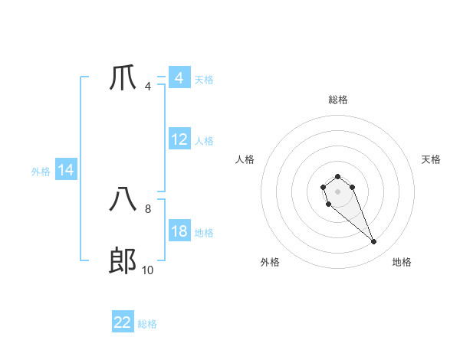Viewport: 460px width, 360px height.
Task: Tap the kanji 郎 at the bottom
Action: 123,261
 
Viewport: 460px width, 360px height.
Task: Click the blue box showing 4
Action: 179,78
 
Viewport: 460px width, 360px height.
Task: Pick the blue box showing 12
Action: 179,139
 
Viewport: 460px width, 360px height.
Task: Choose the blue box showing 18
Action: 179,231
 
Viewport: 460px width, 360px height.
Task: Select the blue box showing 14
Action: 66,170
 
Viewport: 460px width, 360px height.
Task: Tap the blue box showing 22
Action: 123,322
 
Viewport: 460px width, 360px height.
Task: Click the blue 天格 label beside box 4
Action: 204,79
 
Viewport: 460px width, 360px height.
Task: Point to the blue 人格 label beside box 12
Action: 204,141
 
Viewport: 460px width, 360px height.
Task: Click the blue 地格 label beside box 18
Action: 204,233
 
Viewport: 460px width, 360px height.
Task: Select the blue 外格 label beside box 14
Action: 41,172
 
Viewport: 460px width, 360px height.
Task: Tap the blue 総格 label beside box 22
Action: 147,324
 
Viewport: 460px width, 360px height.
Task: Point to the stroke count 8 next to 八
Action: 148,208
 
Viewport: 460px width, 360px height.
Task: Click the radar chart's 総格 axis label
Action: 338,100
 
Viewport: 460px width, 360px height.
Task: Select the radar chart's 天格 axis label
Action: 432,159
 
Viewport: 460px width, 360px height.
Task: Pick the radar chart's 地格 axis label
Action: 402,262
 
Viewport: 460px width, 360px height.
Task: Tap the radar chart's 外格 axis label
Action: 270,262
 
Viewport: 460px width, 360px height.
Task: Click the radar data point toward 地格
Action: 374,242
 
